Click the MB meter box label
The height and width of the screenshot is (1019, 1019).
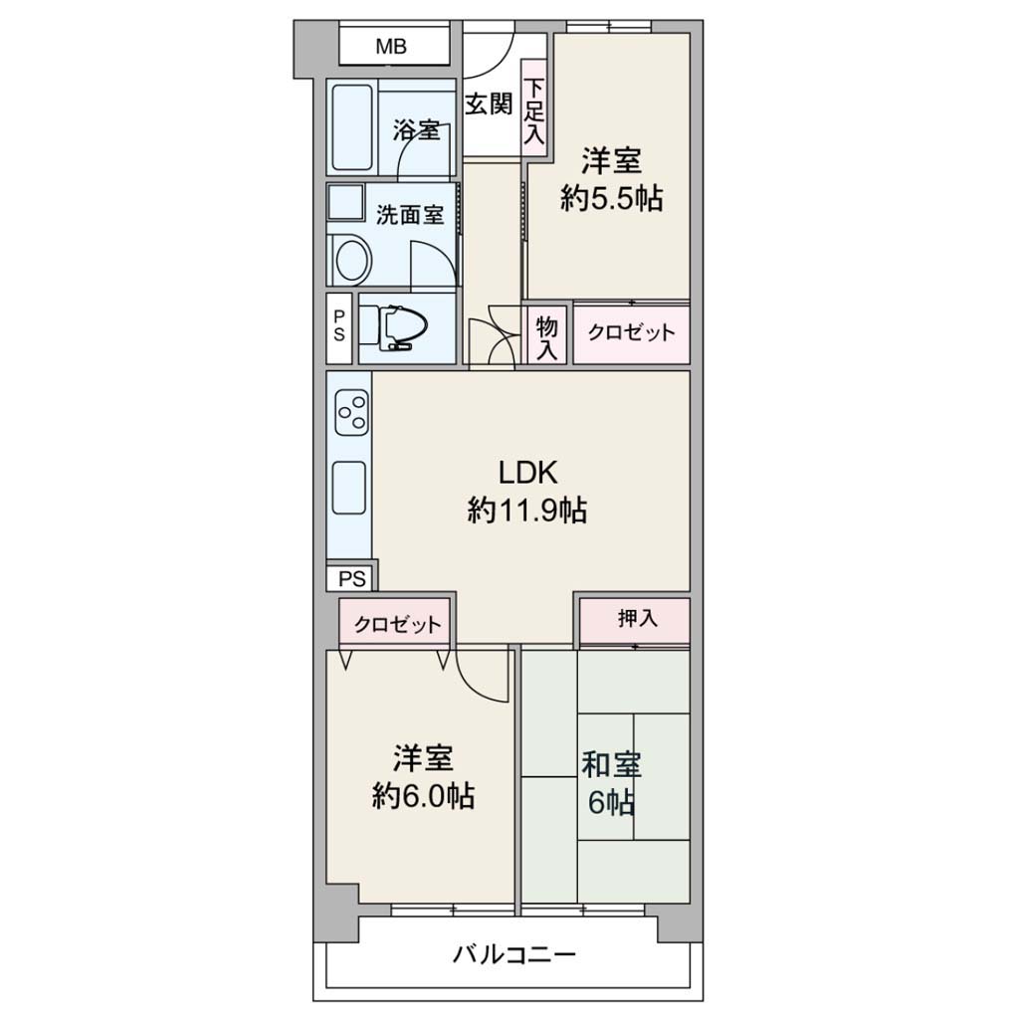pos(391,47)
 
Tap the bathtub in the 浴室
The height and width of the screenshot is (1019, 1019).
pos(352,126)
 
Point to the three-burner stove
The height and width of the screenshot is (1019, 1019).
pos(351,413)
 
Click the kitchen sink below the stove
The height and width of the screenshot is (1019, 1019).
pos(349,488)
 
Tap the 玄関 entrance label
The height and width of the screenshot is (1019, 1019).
pos(488,103)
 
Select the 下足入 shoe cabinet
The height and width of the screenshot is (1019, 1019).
pos(534,107)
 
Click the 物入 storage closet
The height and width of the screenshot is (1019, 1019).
pos(546,335)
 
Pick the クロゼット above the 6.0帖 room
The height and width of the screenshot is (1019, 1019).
pos(396,624)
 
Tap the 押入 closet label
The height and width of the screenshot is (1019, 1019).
pos(637,618)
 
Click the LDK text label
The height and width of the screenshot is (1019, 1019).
pos(527,473)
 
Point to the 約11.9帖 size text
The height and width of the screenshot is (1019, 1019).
pos(527,510)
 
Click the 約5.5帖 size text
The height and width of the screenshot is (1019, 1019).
pos(612,198)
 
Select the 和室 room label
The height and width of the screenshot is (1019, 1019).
pos(612,765)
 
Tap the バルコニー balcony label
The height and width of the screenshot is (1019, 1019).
pos(514,954)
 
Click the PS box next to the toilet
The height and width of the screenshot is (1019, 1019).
pos(339,326)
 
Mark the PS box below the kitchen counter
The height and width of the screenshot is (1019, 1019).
pos(351,578)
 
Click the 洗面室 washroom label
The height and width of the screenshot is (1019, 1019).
pos(410,215)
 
